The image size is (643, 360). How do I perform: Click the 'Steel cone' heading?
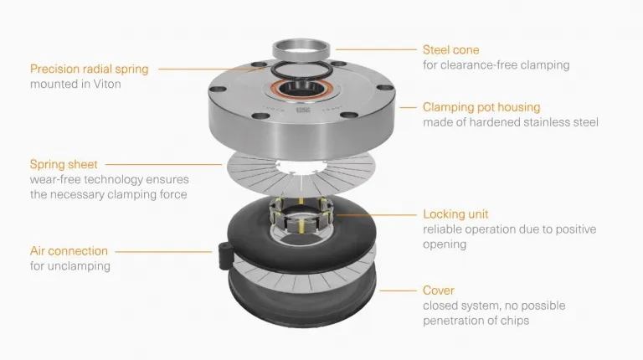coord(450,50)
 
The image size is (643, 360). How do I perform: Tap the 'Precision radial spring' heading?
coord(89,69)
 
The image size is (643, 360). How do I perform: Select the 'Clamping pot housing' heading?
coord(481,107)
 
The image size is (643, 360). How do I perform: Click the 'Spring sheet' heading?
coord(64,164)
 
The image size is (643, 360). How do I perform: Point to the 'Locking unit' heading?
coord(455,214)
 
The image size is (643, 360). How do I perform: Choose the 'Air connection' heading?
coord(69,251)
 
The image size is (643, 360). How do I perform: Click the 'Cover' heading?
coord(439,291)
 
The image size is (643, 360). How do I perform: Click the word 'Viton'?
coord(107,84)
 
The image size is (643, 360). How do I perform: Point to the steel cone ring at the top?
coord(301,50)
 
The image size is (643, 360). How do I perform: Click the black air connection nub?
coord(225,255)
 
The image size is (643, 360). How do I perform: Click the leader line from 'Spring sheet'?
coord(163,164)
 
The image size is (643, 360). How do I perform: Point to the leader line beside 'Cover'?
coord(399,291)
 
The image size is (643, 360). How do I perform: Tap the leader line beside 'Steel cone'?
coord(376,49)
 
